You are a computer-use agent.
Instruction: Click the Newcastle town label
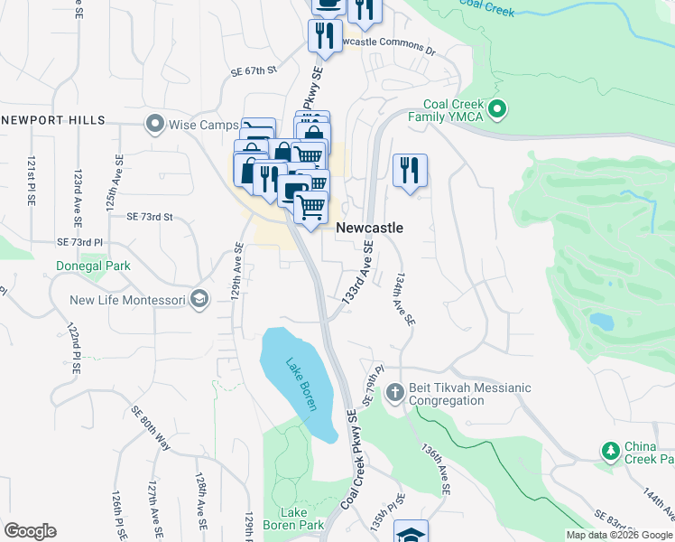pos(369,229)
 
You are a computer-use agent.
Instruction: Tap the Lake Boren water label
pos(301,385)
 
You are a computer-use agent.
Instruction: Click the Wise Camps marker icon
pos(155,122)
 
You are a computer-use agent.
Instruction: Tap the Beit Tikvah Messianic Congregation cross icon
pos(394,393)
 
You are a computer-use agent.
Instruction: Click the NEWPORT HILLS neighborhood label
pos(53,120)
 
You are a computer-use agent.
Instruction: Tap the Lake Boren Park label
pos(293,517)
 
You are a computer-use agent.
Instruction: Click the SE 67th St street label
pos(253,70)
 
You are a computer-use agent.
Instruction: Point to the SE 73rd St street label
pos(150,217)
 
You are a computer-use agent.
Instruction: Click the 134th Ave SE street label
pos(402,302)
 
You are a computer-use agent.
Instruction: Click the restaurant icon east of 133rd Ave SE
pos(410,169)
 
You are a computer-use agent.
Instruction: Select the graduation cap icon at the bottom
pos(411,533)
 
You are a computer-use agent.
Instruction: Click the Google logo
pos(30,531)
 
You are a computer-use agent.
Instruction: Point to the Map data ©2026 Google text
pos(619,535)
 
